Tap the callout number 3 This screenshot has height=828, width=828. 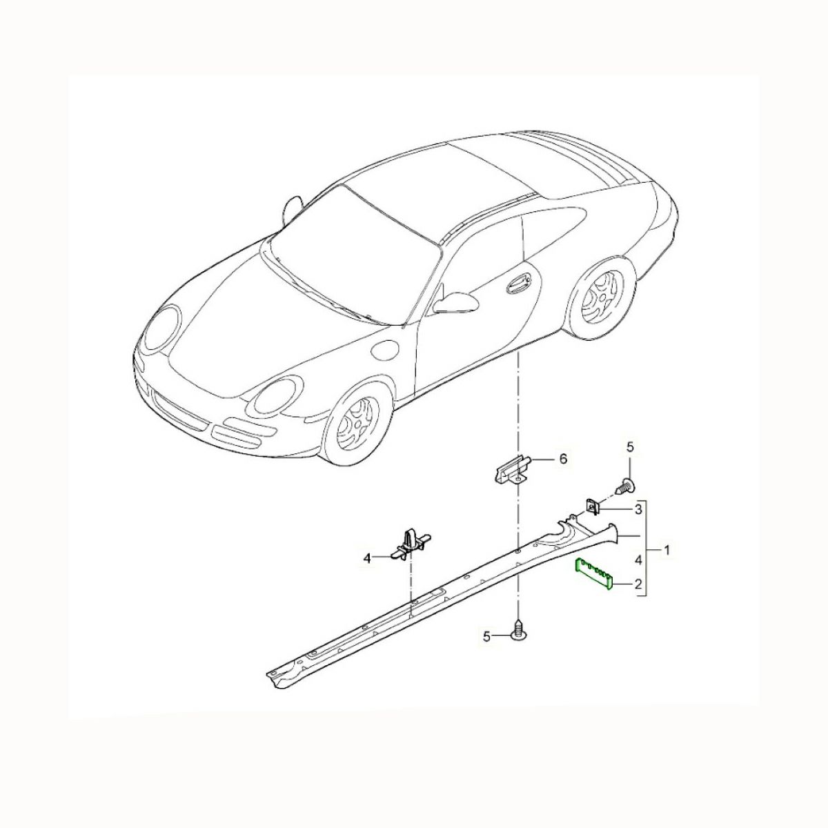point(638,510)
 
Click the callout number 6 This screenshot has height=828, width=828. point(563,458)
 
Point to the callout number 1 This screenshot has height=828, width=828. point(667,549)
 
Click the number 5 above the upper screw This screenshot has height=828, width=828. point(629,447)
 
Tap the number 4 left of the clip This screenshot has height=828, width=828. point(366,559)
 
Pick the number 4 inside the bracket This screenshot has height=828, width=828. point(638,560)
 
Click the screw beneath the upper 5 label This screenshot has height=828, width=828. point(626,487)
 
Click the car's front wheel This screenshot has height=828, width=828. point(356,426)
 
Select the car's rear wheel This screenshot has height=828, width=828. point(602,297)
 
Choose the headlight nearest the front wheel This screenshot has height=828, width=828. point(278,397)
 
